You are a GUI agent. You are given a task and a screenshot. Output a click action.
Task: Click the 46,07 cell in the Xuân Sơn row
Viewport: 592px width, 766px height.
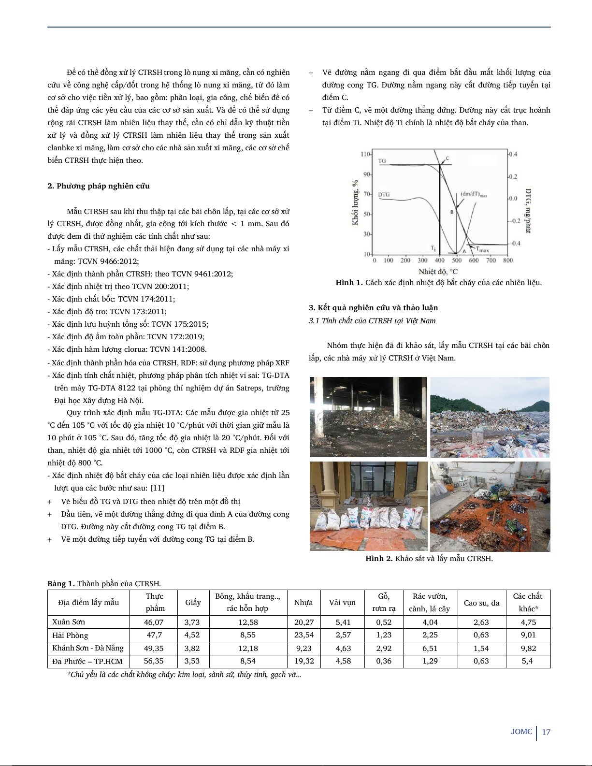[154, 622]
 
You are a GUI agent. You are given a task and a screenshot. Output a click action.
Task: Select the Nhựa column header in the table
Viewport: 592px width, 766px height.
[303, 603]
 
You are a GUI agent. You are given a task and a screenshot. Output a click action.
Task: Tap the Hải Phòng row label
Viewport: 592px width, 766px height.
[70, 636]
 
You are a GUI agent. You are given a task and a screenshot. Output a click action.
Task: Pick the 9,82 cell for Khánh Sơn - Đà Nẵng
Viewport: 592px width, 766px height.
[528, 649]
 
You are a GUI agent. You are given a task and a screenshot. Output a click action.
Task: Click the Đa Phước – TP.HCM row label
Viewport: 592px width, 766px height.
[87, 662]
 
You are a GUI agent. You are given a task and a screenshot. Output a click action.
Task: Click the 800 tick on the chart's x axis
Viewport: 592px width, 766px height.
[508, 260]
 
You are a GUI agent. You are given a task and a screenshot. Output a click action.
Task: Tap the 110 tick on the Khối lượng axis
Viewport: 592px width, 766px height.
[365, 154]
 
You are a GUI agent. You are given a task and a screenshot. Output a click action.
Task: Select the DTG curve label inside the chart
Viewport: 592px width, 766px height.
[384, 195]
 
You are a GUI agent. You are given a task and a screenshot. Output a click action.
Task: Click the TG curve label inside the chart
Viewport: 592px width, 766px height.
[382, 161]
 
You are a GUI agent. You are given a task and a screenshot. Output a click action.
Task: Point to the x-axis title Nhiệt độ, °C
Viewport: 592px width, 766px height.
[438, 272]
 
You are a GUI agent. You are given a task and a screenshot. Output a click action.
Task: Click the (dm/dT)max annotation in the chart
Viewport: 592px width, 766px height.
[474, 194]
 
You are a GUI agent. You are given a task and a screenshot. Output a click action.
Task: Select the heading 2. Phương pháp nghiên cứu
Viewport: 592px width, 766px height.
[99, 186]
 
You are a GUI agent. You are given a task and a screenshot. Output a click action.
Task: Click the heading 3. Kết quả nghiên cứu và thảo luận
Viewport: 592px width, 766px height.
[373, 308]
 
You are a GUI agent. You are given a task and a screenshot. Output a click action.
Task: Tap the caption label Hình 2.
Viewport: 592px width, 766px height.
[379, 559]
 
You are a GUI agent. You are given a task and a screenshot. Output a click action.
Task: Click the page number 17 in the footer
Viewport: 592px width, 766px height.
[546, 732]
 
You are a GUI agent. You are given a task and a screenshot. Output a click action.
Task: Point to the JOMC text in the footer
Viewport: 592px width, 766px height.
[521, 732]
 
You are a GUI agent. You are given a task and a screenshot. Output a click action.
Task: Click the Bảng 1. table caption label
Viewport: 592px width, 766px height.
[61, 584]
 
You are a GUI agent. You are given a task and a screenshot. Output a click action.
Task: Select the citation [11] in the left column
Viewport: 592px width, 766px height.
[157, 488]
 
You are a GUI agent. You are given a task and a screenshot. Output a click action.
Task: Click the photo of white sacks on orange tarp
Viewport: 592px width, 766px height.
[368, 506]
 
